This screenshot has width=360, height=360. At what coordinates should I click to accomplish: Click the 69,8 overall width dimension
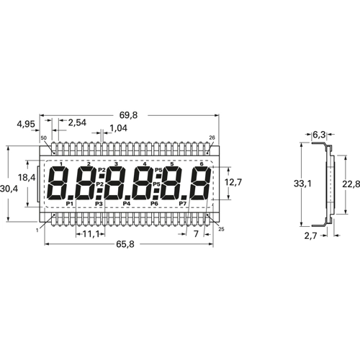[129, 115]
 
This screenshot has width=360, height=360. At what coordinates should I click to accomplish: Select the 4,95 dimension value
[26, 125]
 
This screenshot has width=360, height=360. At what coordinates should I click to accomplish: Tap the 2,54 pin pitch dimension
[77, 122]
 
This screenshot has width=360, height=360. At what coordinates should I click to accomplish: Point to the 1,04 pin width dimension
[119, 128]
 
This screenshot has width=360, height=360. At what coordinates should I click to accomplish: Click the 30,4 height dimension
[9, 189]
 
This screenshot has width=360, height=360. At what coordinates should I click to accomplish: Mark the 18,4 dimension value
[27, 178]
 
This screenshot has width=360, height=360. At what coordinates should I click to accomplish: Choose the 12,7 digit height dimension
[233, 182]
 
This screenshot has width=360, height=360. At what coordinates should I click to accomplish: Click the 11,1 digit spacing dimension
[91, 233]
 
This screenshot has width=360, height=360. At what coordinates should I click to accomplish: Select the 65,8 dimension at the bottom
[125, 244]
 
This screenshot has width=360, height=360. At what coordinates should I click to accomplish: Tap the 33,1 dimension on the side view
[302, 184]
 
